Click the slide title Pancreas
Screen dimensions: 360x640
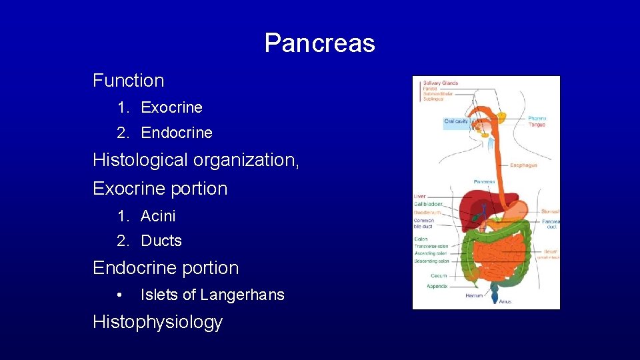(319, 43)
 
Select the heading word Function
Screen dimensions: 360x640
(129, 81)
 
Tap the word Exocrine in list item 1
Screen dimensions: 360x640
(171, 107)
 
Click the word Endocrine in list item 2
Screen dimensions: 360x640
(177, 133)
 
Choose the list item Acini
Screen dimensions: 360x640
(158, 216)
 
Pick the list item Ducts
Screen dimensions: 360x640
(161, 241)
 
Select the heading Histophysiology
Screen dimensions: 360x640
(157, 323)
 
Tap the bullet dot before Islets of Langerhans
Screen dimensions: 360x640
(119, 295)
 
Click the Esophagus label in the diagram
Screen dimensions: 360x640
(523, 165)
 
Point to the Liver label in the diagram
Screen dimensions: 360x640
(419, 197)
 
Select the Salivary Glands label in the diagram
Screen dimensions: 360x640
(440, 83)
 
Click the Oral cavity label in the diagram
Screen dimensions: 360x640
(456, 121)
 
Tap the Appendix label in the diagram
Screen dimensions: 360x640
(437, 286)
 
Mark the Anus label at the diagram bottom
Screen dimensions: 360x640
(505, 302)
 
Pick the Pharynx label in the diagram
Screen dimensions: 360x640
(537, 118)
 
